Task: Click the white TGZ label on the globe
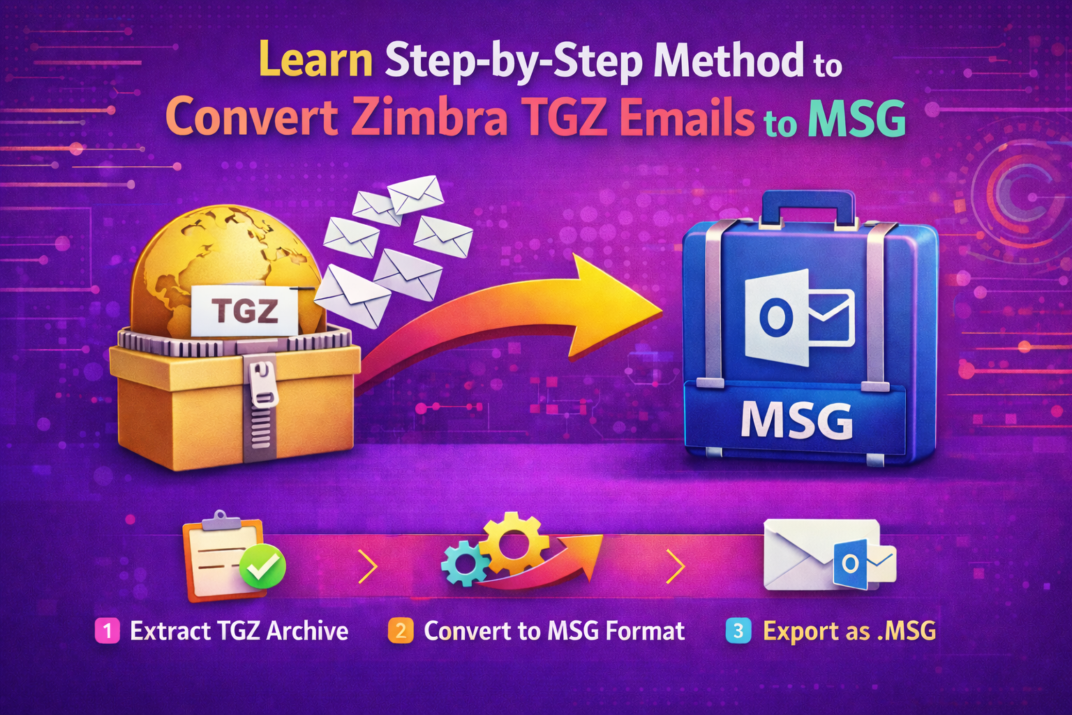click(244, 310)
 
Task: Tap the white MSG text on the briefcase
click(796, 420)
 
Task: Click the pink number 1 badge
click(107, 631)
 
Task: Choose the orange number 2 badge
click(401, 631)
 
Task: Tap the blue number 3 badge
click(738, 631)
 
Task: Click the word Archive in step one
click(307, 631)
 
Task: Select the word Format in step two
click(645, 631)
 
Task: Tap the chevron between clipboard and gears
click(368, 566)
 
